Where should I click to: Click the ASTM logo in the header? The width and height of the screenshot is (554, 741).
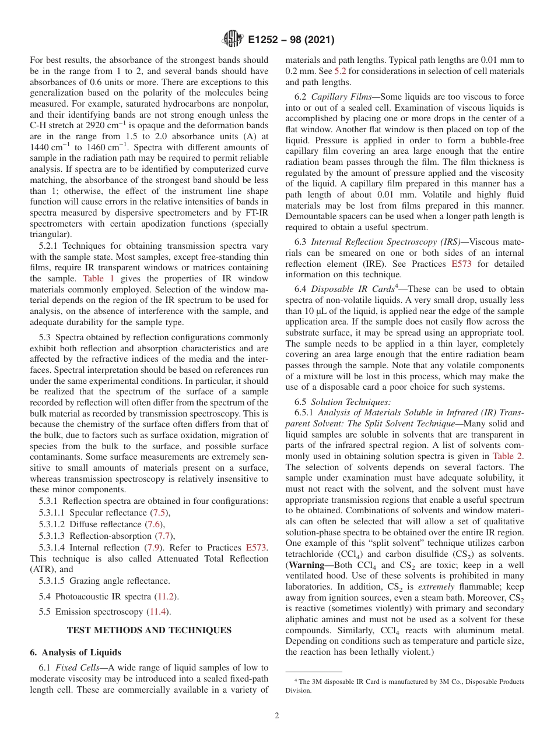click(233, 40)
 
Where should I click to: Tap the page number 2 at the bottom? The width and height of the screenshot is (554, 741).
click(277, 716)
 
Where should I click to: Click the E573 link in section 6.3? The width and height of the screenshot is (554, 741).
click(462, 263)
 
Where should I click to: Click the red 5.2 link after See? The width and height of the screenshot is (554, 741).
click(339, 71)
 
